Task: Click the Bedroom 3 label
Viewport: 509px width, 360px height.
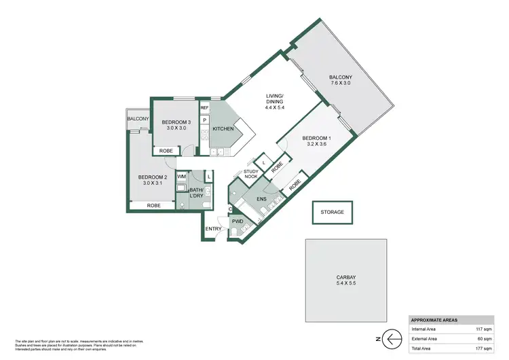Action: click(x=175, y=126)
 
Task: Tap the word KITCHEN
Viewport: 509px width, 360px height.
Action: click(x=223, y=128)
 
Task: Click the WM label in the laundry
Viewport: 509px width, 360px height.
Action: click(x=181, y=177)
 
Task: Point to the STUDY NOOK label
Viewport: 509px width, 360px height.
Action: click(x=251, y=174)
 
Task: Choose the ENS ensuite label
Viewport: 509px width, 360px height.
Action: click(x=260, y=199)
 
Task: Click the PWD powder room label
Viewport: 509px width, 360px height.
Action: click(x=238, y=221)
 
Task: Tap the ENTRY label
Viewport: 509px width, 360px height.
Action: click(x=213, y=229)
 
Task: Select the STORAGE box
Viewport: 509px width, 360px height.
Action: click(x=333, y=212)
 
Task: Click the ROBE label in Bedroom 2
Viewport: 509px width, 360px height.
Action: click(x=154, y=205)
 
